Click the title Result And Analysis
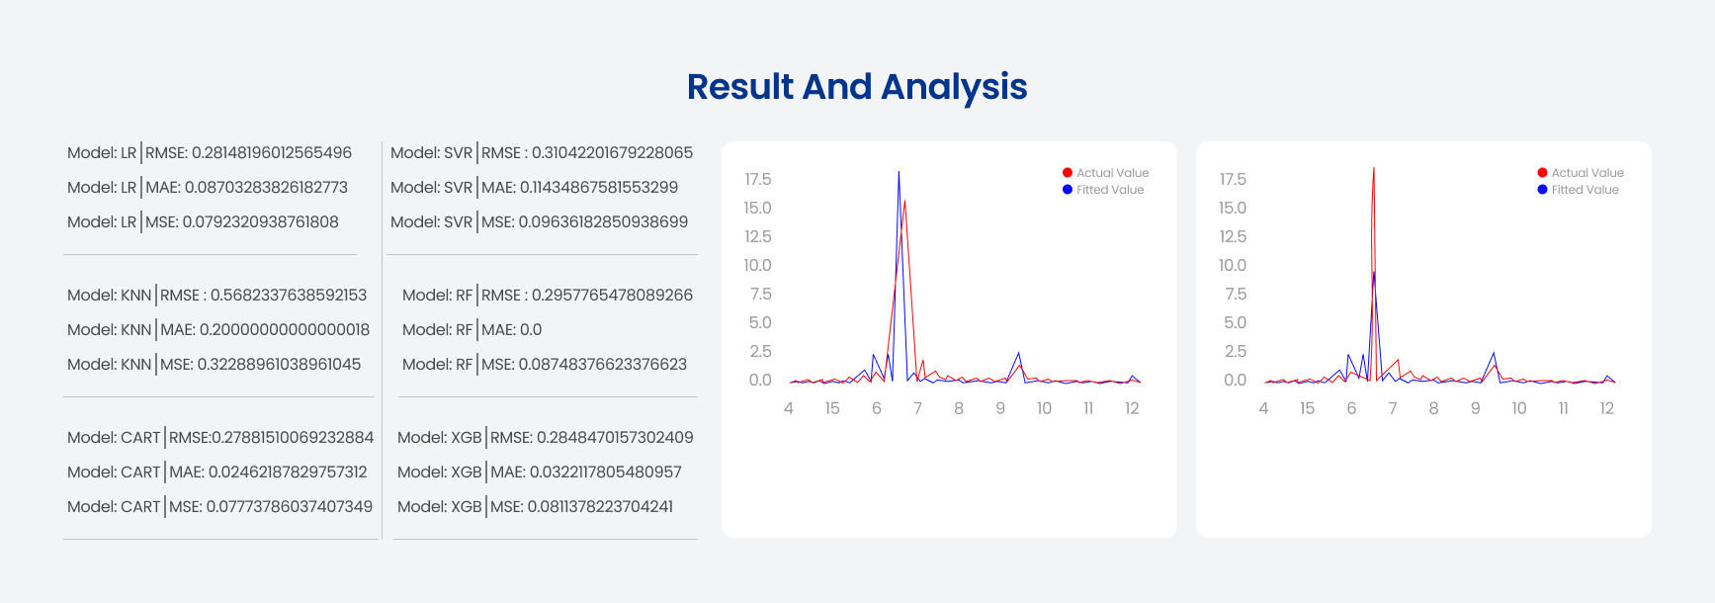[x=857, y=87]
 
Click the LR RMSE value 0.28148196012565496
[x=272, y=153]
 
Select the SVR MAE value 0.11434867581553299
[x=599, y=188]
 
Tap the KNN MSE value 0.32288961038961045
[x=280, y=365]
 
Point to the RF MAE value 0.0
[x=531, y=330]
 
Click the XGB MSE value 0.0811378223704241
[x=600, y=507]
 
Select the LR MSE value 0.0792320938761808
[x=261, y=222]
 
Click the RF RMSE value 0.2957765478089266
[x=613, y=296]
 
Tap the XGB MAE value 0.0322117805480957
[x=606, y=473]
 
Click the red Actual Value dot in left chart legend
[x=1068, y=173]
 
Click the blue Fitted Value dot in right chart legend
[x=1542, y=190]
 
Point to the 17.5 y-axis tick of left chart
[x=758, y=180]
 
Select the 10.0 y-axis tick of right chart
[x=1233, y=266]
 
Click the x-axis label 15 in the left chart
[x=832, y=409]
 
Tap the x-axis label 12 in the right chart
[x=1607, y=409]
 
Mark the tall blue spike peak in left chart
[x=899, y=172]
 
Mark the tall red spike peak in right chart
[x=1374, y=168]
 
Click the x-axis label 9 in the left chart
[x=1000, y=409]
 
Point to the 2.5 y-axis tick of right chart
[x=1235, y=352]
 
